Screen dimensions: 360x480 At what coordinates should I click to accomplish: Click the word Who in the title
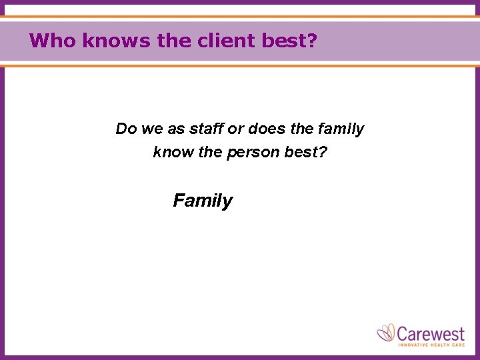[53, 41]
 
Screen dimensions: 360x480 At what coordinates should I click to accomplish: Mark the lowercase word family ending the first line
[341, 129]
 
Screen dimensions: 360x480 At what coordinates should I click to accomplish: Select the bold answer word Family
[203, 201]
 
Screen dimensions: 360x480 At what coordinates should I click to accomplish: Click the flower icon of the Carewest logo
[386, 333]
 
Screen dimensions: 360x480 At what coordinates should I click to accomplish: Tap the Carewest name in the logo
[431, 332]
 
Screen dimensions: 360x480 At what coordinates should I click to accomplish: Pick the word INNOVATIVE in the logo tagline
[414, 345]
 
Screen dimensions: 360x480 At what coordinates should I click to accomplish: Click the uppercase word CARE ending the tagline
[459, 345]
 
